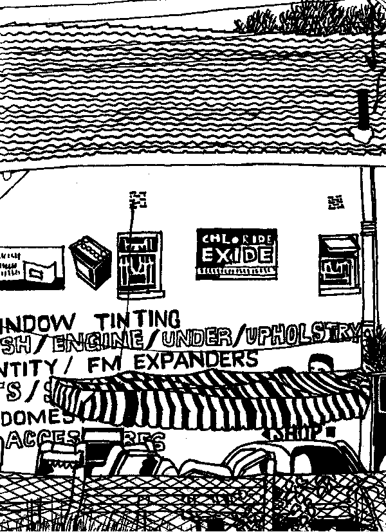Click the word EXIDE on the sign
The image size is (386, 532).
coord(236,255)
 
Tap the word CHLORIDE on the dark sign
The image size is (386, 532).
coord(236,239)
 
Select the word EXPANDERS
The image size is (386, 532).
coord(196,360)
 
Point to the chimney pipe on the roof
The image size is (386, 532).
coord(363,113)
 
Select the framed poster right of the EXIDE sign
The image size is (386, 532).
coord(338,264)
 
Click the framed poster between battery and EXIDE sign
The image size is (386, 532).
coord(138,264)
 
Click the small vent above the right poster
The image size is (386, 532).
coord(335,203)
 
